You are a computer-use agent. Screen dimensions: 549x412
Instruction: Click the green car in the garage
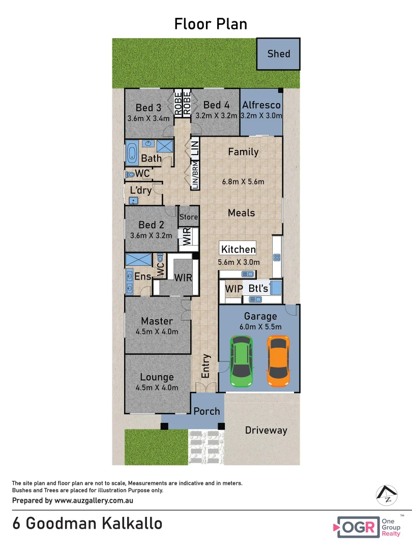pyautogui.click(x=242, y=361)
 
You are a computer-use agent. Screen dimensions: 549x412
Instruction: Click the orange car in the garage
pyautogui.click(x=278, y=360)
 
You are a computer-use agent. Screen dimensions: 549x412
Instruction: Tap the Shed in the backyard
pyautogui.click(x=279, y=53)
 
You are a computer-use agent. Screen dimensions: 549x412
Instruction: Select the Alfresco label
pyautogui.click(x=261, y=105)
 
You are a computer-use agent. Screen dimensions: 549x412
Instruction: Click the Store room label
pyautogui.click(x=188, y=218)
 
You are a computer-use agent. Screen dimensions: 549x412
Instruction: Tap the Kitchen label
pyautogui.click(x=238, y=249)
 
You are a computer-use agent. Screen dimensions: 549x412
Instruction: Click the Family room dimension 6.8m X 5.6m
pyautogui.click(x=243, y=181)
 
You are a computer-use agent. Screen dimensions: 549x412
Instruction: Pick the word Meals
pyautogui.click(x=241, y=212)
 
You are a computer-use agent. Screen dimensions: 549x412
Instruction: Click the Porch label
pyautogui.click(x=207, y=411)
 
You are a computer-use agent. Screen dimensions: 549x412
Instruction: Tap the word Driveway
pyautogui.click(x=266, y=430)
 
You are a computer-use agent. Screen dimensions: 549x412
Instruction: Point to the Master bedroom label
pyautogui.click(x=157, y=321)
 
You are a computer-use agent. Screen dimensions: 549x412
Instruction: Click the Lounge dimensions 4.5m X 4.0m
pyautogui.click(x=157, y=387)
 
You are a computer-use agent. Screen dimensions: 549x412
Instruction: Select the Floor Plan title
pyautogui.click(x=211, y=24)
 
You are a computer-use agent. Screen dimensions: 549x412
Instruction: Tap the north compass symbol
pyautogui.click(x=386, y=495)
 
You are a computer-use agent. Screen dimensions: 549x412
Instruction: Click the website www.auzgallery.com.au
pyautogui.click(x=94, y=500)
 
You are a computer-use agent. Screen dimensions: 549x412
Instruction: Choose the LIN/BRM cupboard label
pyautogui.click(x=195, y=175)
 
